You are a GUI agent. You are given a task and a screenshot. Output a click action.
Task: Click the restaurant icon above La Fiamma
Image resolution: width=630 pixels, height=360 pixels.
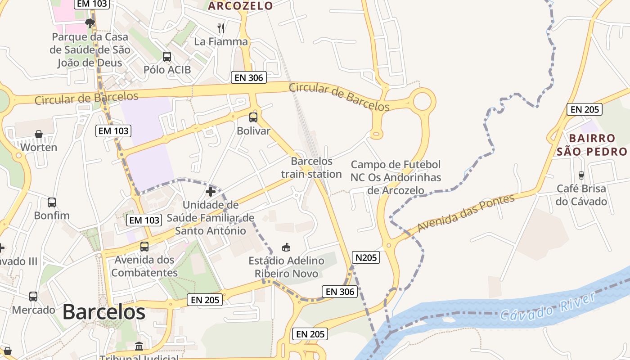(221, 28)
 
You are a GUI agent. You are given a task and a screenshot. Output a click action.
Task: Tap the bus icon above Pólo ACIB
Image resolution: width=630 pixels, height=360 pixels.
(167, 57)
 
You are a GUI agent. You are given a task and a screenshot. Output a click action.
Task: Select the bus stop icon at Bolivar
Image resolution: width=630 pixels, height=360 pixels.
(253, 117)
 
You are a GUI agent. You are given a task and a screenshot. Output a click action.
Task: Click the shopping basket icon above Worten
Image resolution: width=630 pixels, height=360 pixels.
(39, 134)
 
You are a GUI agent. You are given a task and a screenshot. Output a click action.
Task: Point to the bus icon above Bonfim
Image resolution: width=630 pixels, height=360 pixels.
(52, 202)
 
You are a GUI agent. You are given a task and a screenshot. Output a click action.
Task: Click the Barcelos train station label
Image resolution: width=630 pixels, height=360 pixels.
(311, 167)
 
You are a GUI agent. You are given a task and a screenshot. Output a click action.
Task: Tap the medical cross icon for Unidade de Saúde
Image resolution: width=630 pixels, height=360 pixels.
(210, 192)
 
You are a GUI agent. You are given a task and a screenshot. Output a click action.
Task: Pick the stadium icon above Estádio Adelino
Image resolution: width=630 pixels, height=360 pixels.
(286, 247)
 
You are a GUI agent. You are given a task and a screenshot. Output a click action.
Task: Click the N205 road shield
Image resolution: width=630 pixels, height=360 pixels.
(365, 257)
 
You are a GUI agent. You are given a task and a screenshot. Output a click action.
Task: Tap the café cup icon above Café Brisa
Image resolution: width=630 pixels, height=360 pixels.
(581, 175)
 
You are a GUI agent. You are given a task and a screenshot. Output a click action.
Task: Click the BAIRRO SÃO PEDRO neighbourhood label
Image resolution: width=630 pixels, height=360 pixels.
(592, 144)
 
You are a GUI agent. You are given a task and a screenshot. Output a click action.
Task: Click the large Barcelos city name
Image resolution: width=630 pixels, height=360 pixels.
(104, 311)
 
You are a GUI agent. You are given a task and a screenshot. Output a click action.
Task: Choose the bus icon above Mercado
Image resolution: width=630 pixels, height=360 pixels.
(33, 297)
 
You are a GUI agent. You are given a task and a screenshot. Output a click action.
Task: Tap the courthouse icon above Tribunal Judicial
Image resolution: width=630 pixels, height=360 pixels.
(139, 346)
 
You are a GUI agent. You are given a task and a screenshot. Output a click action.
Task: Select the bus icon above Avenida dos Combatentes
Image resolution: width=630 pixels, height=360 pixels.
(144, 247)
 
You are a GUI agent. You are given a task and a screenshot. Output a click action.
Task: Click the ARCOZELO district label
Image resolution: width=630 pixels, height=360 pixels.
(241, 5)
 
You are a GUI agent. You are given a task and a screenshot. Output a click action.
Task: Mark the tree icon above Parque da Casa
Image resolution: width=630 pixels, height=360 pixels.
(90, 22)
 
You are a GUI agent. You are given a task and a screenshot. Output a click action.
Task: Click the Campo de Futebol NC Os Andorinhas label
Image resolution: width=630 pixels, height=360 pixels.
(396, 177)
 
